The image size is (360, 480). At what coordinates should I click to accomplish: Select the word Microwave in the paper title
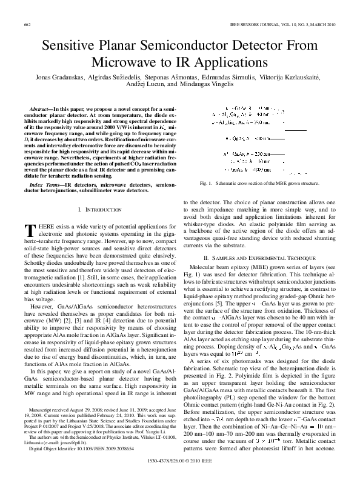127,62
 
